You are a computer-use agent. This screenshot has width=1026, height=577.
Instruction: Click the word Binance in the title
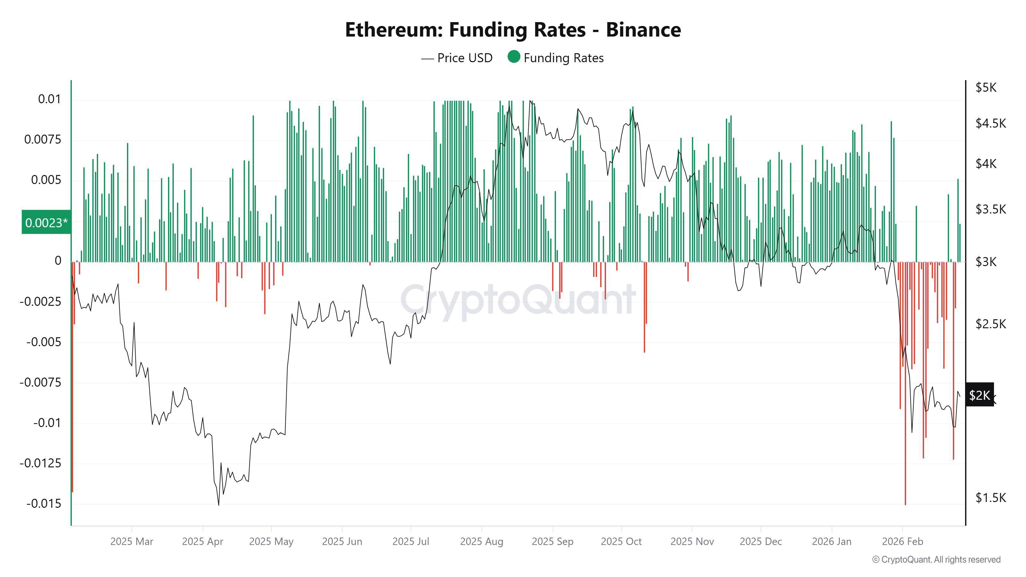click(643, 30)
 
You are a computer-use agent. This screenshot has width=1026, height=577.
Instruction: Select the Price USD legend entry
click(457, 58)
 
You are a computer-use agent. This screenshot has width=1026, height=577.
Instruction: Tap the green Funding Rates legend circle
click(514, 57)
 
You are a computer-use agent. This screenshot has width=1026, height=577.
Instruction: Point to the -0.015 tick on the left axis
click(44, 504)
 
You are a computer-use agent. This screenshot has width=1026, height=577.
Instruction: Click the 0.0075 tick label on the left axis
click(43, 140)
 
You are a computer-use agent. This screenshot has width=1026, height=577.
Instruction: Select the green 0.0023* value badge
click(46, 222)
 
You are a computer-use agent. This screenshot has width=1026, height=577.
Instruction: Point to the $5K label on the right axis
click(986, 88)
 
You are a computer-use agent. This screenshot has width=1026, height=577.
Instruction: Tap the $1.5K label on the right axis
click(990, 498)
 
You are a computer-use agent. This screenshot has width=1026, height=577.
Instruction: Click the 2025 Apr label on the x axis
click(202, 541)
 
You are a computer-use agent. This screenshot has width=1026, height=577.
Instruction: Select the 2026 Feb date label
click(902, 541)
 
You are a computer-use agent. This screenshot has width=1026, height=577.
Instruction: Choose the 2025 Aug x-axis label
click(482, 541)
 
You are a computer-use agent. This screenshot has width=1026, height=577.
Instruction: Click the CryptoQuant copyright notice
click(936, 559)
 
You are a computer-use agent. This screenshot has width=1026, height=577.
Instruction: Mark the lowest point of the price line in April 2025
click(219, 505)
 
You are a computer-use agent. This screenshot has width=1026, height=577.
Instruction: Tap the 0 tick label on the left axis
click(58, 261)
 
